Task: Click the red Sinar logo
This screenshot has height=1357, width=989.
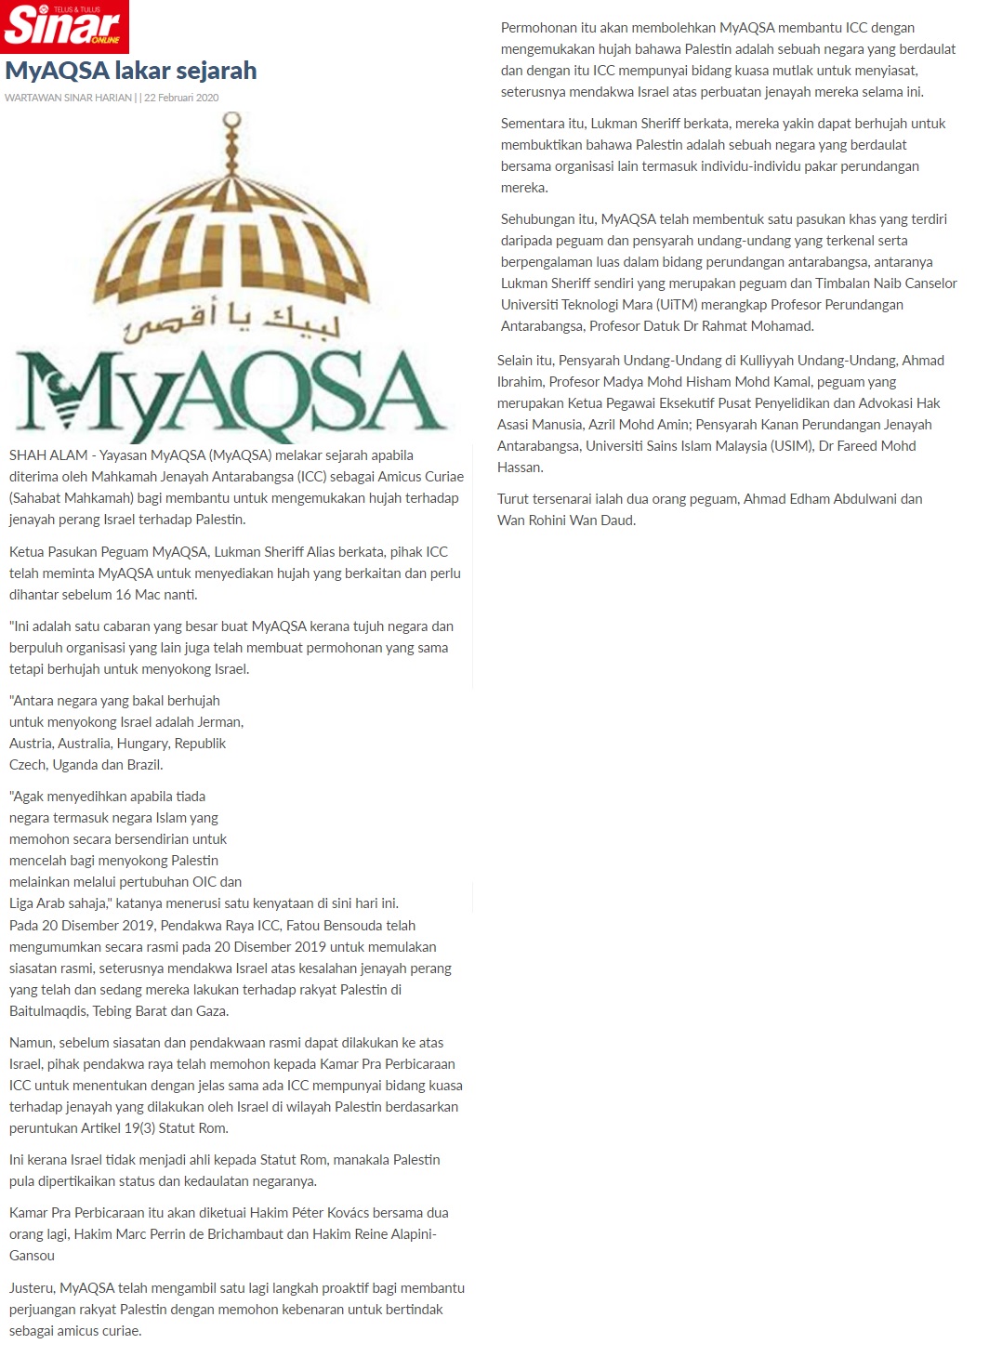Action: pos(63,27)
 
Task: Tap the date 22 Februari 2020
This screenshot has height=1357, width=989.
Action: pos(181,98)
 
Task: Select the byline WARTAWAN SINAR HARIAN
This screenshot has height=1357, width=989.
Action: pos(68,98)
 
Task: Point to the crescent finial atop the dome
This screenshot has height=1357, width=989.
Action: pos(232,124)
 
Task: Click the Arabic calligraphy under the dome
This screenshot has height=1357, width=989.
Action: pos(232,321)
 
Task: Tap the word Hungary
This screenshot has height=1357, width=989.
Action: pos(142,744)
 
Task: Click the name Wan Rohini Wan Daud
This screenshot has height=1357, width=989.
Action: pos(565,520)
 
